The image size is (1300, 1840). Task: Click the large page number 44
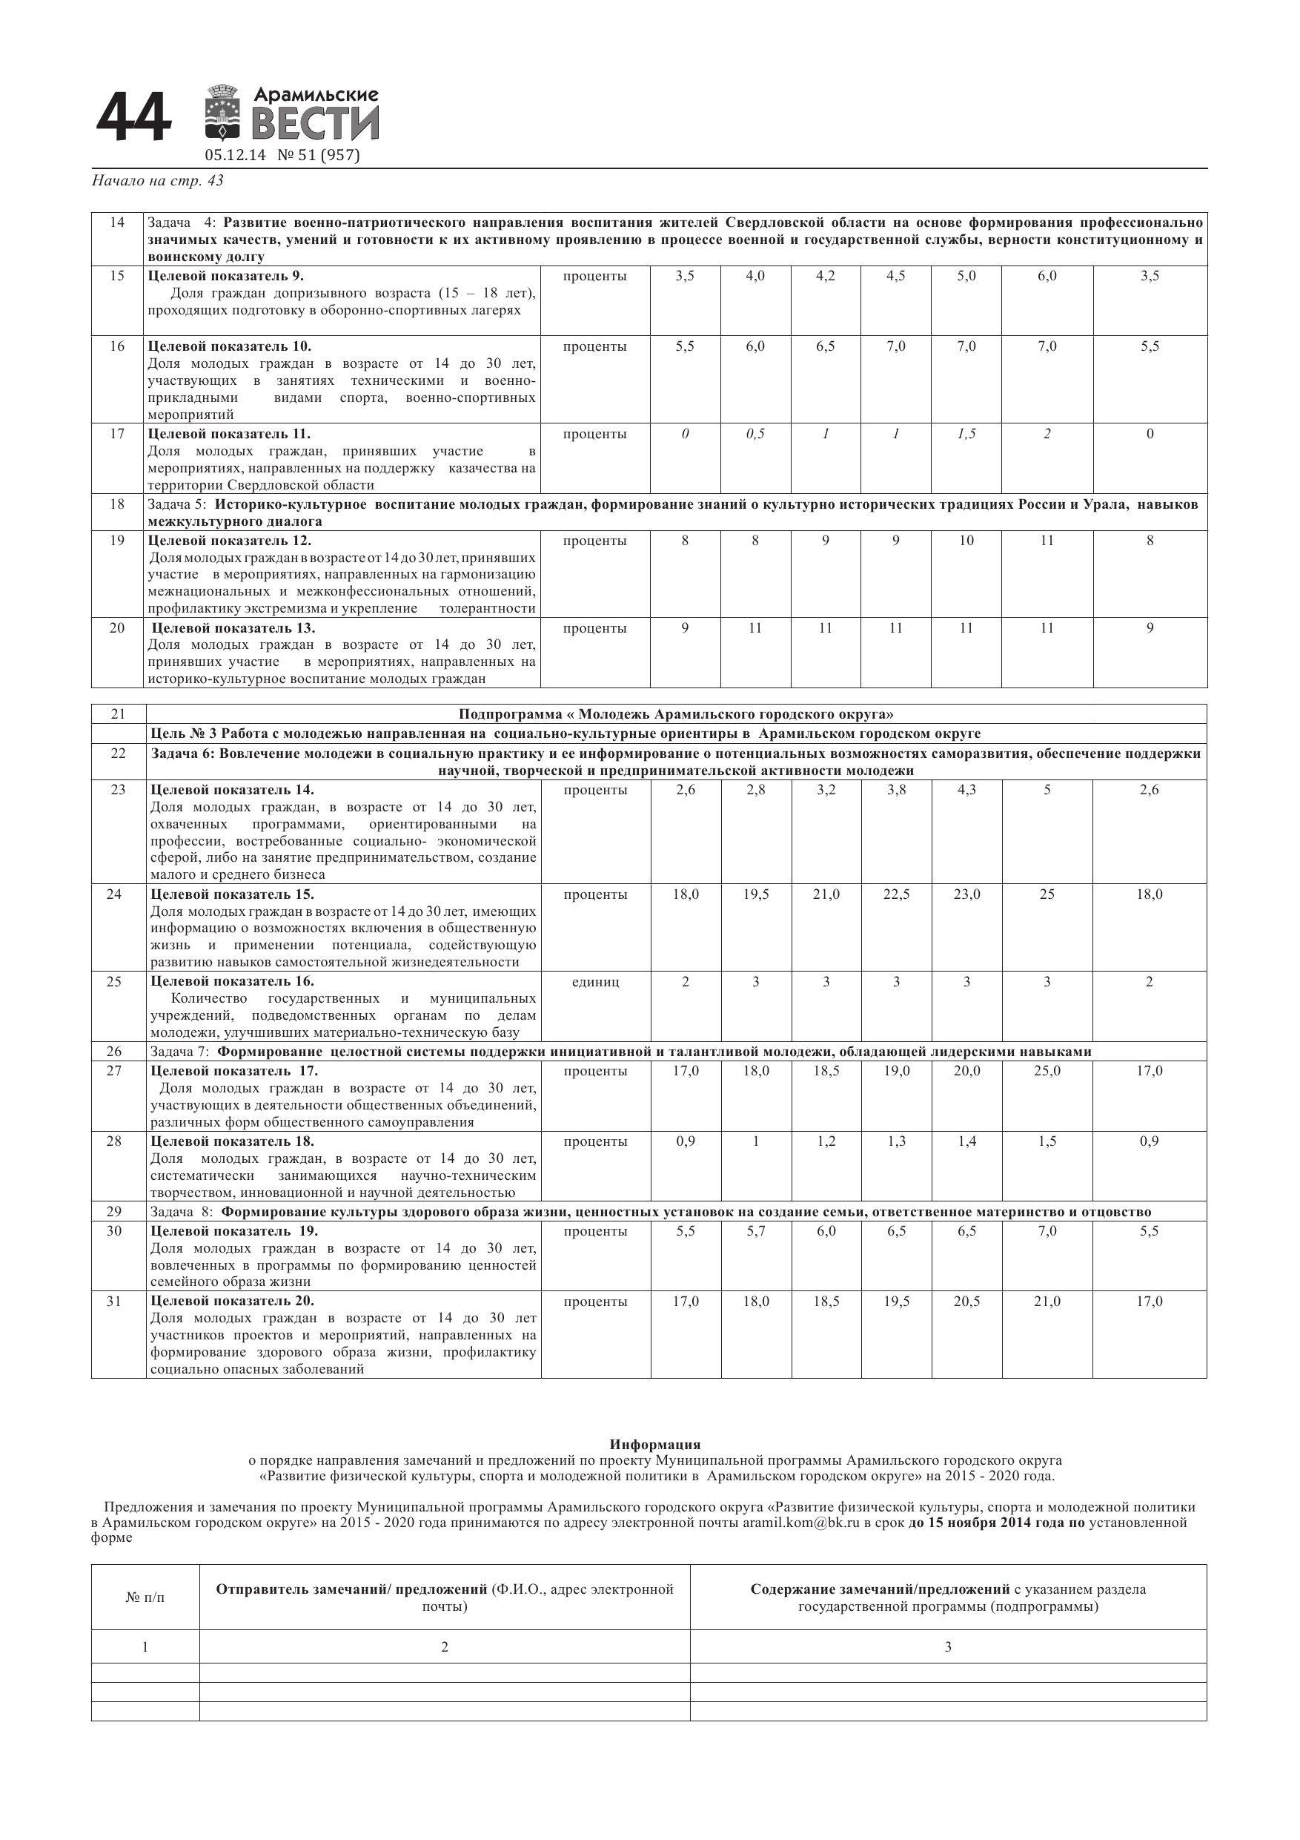tap(133, 119)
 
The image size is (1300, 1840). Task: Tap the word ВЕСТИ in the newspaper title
tap(315, 125)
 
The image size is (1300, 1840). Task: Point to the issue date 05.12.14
tap(235, 156)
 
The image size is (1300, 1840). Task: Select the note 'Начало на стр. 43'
tap(158, 181)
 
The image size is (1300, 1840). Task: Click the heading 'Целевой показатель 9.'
tap(226, 276)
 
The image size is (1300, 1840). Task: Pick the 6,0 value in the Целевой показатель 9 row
tap(1047, 276)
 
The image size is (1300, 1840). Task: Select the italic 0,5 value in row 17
tap(755, 434)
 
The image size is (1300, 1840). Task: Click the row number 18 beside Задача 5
tap(118, 504)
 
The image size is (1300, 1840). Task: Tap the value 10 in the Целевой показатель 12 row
tap(966, 540)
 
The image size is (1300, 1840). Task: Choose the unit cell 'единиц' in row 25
tap(595, 982)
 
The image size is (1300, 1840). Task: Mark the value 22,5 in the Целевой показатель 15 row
tap(896, 894)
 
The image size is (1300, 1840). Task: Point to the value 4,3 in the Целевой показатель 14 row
tap(966, 789)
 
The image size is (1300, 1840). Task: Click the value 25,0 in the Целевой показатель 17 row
tap(1047, 1071)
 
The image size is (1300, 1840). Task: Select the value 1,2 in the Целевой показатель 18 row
tap(826, 1141)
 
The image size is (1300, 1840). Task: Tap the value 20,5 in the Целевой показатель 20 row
tap(966, 1302)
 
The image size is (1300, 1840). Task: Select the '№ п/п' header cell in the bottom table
tap(145, 1597)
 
